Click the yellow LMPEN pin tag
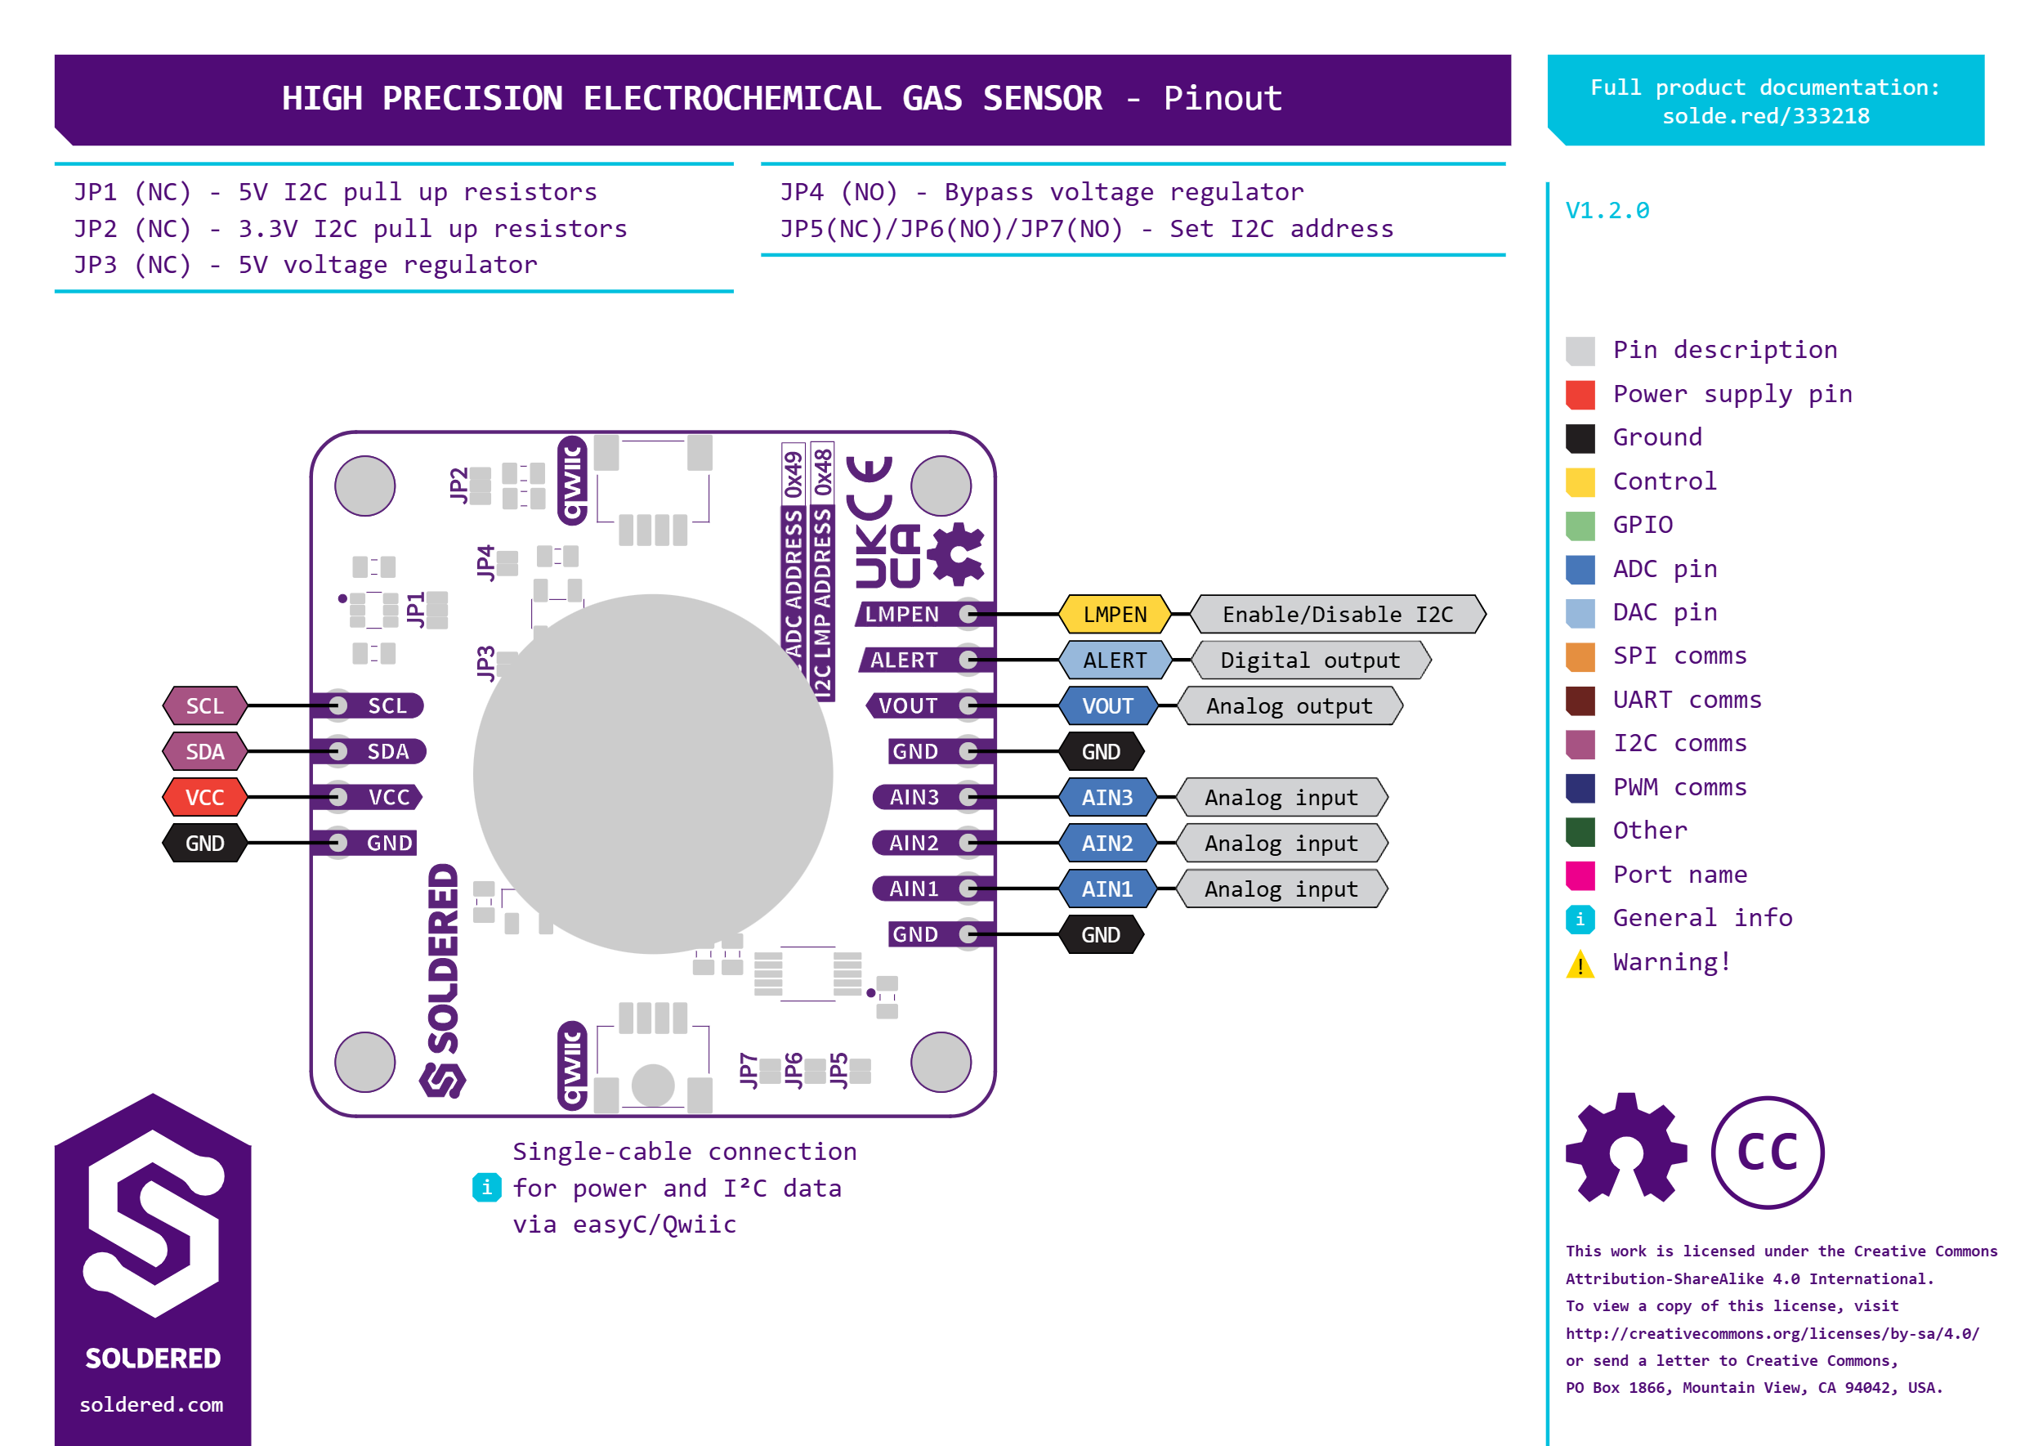pyautogui.click(x=1115, y=615)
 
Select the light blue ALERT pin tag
pyautogui.click(x=1115, y=660)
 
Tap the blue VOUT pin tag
pyautogui.click(x=1107, y=706)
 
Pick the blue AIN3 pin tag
pyautogui.click(x=1107, y=798)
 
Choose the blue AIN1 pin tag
pyautogui.click(x=1107, y=889)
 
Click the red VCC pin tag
pyautogui.click(x=205, y=798)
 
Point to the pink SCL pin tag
pyautogui.click(x=205, y=706)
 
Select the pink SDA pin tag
pyautogui.click(x=205, y=751)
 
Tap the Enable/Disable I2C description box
pyautogui.click(x=1337, y=615)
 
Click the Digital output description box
pyautogui.click(x=1309, y=660)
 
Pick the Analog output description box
pyautogui.click(x=1289, y=706)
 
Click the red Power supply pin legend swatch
pyautogui.click(x=1580, y=395)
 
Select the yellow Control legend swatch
pyautogui.click(x=1580, y=481)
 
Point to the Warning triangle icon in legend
pyautogui.click(x=1580, y=965)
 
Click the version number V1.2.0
pyautogui.click(x=1607, y=211)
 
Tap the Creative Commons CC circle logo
pyautogui.click(x=1767, y=1153)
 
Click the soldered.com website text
pyautogui.click(x=151, y=1404)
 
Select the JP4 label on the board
pyautogui.click(x=485, y=562)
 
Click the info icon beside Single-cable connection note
pyautogui.click(x=486, y=1187)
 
